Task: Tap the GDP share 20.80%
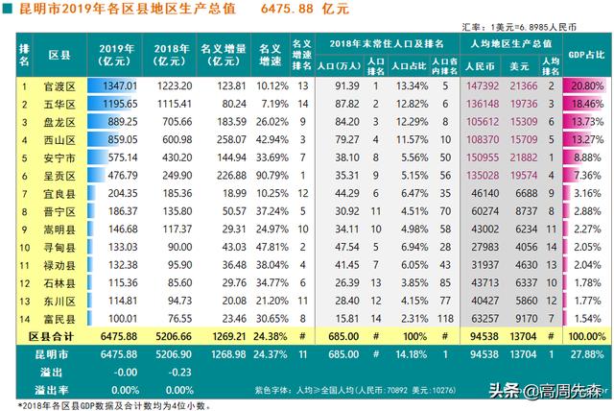[x=587, y=86]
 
